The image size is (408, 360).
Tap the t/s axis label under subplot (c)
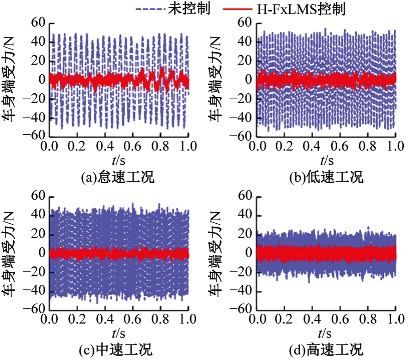119,333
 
